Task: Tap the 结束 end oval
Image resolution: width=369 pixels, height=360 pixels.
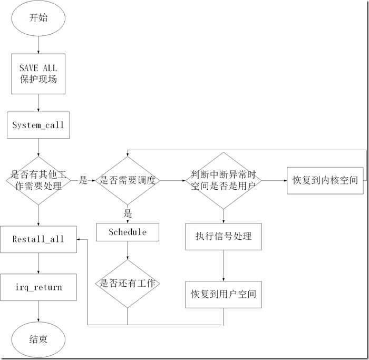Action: (x=38, y=339)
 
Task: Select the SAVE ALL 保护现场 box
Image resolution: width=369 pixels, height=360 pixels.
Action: (x=38, y=74)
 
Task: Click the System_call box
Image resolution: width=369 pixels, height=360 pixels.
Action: (x=38, y=125)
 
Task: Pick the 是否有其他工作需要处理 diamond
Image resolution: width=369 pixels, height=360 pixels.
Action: (x=38, y=180)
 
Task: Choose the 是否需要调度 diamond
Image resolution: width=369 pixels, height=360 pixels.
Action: (x=128, y=180)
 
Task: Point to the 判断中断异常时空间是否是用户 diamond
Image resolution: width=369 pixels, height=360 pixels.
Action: (x=224, y=180)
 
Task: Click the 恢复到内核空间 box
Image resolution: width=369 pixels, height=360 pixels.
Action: (x=325, y=180)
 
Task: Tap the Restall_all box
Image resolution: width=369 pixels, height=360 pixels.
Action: (x=38, y=239)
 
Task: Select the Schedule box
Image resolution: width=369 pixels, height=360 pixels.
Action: (x=128, y=232)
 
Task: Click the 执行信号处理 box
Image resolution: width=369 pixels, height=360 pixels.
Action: (x=224, y=236)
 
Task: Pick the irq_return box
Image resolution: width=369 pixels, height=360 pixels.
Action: (x=38, y=287)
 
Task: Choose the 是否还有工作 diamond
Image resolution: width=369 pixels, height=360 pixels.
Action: (x=128, y=283)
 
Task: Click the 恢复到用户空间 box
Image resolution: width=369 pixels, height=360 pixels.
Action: (x=224, y=294)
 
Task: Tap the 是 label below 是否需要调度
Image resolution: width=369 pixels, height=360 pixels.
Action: (x=128, y=213)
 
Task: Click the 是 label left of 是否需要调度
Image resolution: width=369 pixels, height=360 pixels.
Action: (x=83, y=180)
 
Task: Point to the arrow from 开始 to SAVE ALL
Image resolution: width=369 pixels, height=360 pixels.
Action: (x=38, y=45)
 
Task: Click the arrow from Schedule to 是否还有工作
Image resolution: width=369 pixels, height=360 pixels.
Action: (x=128, y=250)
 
